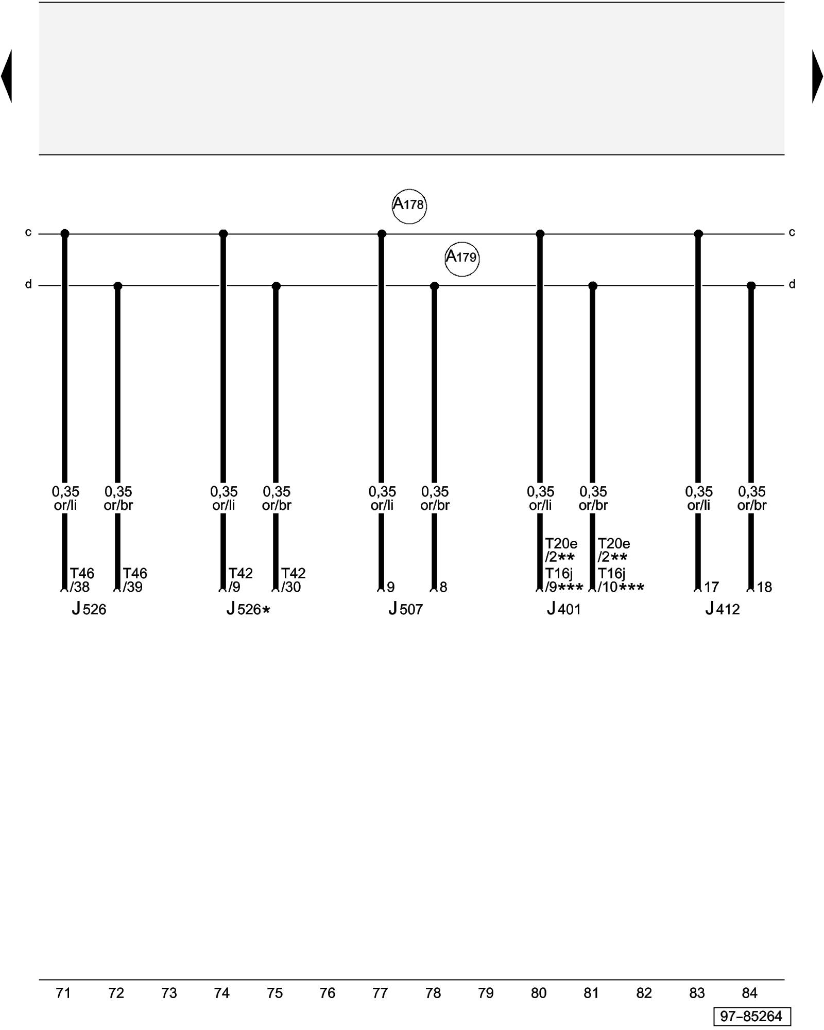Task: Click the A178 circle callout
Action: point(409,206)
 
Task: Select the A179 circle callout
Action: point(462,259)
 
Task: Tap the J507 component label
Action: point(405,609)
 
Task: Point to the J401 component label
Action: point(563,609)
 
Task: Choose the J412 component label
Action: point(722,609)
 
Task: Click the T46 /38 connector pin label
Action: point(82,580)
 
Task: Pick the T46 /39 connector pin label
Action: point(134,580)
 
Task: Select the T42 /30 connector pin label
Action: point(293,580)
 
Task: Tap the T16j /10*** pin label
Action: point(620,580)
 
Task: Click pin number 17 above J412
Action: point(711,587)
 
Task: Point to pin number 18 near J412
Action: point(764,587)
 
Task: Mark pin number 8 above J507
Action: point(443,587)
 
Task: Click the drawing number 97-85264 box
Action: point(751,1016)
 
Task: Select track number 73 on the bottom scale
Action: point(169,993)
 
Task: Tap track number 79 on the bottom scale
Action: point(486,993)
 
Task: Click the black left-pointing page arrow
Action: point(7,76)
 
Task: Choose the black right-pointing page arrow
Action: point(817,76)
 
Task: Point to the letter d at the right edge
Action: point(792,284)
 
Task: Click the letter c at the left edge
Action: point(28,232)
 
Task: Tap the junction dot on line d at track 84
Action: point(751,286)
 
